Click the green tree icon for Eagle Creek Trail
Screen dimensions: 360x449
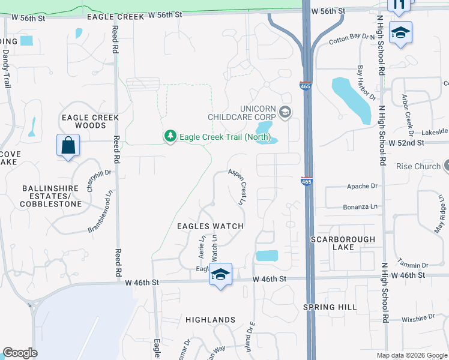[x=170, y=136]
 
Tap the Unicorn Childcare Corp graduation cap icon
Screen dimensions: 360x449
[x=285, y=112]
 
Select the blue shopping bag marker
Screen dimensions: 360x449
[x=67, y=146]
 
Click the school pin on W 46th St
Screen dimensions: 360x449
[x=220, y=275]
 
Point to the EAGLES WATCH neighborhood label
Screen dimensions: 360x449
[x=210, y=226]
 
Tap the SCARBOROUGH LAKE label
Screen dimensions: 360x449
[x=343, y=243]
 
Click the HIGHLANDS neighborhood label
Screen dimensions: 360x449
[x=210, y=320]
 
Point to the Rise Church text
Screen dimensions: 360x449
[x=418, y=166]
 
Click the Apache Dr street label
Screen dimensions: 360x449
[x=363, y=187]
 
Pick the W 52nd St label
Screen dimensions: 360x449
[x=406, y=143]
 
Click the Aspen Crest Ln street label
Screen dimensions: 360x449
[x=237, y=187]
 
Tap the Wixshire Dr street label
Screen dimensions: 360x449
[x=417, y=319]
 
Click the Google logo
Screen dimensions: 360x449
[x=20, y=353]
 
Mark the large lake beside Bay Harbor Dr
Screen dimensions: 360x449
[x=351, y=100]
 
